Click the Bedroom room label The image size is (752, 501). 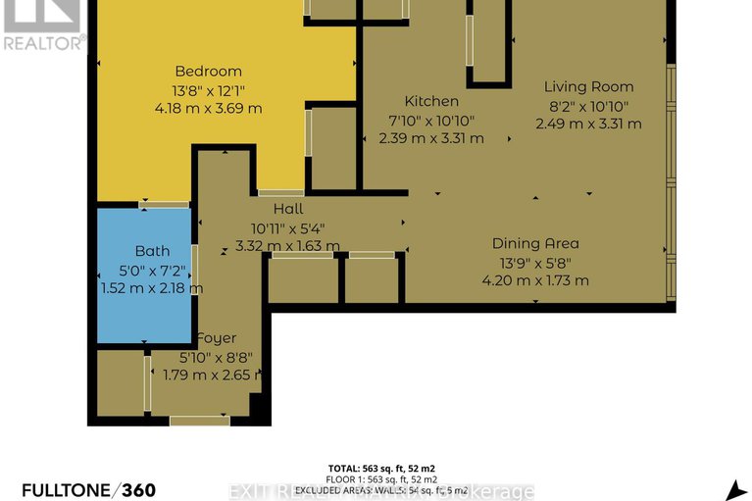(208, 72)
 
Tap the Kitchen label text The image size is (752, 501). (430, 101)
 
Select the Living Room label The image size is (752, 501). (588, 86)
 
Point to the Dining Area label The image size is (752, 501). (535, 243)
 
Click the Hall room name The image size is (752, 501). (288, 209)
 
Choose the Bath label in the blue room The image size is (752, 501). (152, 251)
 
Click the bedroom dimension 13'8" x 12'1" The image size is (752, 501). (208, 90)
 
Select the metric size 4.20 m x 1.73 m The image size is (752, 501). (535, 280)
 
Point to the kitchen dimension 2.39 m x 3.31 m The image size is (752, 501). (430, 138)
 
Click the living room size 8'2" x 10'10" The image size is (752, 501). (588, 105)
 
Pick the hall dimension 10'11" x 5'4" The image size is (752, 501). (288, 227)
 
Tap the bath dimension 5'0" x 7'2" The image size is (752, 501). (152, 270)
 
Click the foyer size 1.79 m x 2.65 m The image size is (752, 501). (221, 375)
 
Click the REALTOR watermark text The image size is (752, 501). (44, 42)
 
